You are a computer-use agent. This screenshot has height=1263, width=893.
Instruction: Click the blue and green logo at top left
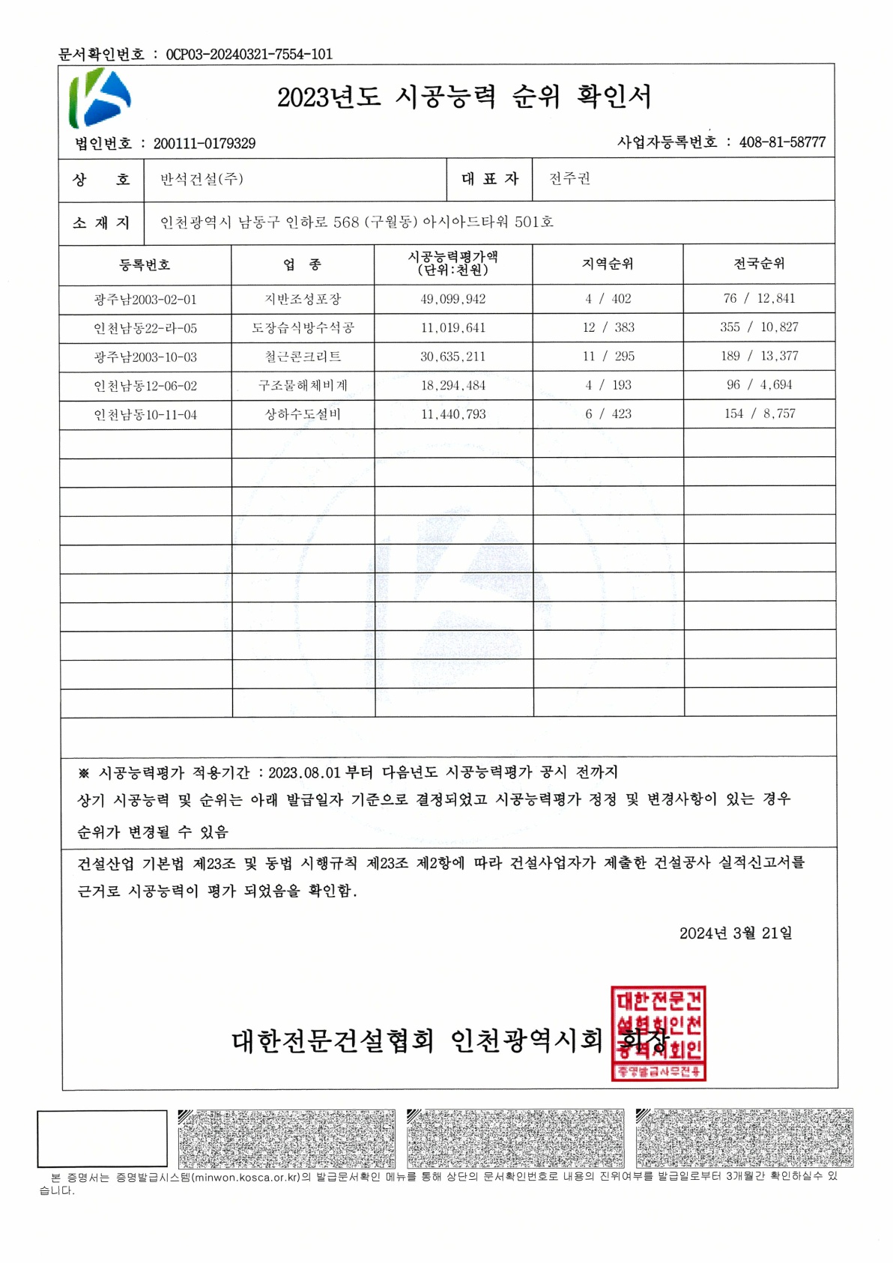(100, 97)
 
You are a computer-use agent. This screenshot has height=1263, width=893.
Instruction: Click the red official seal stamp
(658, 1033)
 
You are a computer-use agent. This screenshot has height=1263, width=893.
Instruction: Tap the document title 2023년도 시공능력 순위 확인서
(464, 97)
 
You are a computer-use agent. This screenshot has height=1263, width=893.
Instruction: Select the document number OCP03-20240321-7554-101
(249, 54)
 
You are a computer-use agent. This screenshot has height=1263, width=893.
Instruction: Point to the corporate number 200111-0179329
(205, 143)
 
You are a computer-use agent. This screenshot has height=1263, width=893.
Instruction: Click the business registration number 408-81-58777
(782, 142)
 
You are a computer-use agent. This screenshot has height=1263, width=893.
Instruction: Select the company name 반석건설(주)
(202, 179)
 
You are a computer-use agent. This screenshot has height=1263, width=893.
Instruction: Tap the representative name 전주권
(569, 178)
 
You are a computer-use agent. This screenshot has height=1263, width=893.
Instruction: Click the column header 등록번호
(145, 264)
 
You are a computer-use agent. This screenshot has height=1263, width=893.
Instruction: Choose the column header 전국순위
(759, 263)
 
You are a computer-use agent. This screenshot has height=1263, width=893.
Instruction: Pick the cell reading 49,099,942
(452, 299)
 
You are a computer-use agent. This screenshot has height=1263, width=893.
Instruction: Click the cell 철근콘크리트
(303, 357)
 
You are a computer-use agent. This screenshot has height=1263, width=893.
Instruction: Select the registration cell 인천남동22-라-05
(145, 328)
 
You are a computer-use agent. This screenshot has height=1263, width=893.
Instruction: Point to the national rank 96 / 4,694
(759, 385)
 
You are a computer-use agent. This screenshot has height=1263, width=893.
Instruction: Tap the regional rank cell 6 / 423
(608, 414)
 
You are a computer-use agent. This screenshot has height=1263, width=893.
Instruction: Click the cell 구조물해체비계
(303, 385)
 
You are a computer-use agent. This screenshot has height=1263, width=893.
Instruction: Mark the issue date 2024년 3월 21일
(735, 933)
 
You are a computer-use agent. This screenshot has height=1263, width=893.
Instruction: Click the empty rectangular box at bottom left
(102, 1138)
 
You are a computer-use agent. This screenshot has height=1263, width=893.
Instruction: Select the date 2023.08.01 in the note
(303, 772)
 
